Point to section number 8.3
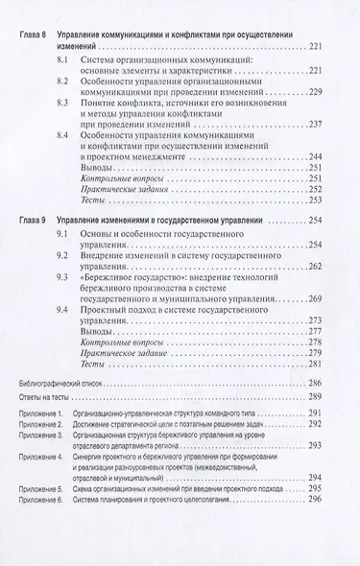point(90,113)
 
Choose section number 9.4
point(90,311)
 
